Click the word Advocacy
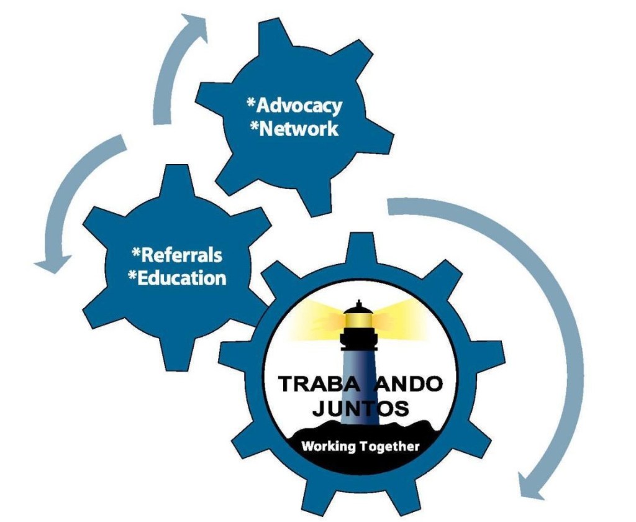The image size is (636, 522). click(x=299, y=106)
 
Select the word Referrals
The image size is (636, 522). click(x=181, y=255)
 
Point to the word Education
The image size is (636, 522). click(x=181, y=278)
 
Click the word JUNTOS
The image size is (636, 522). click(x=361, y=409)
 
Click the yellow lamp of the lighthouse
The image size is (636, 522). click(x=358, y=319)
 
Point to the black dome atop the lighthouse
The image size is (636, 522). click(x=358, y=306)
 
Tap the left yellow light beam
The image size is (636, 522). click(x=317, y=314)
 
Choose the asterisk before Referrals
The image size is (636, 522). click(x=137, y=252)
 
